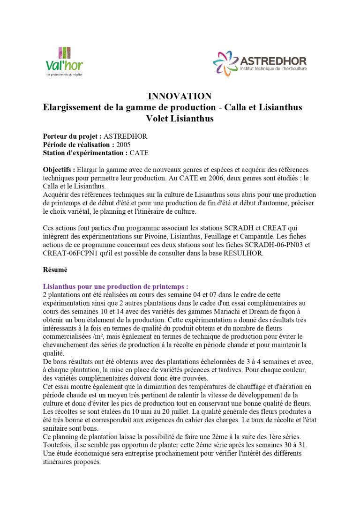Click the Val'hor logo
(x=64, y=62)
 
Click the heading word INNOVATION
(x=180, y=96)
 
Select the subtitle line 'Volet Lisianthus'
(x=180, y=119)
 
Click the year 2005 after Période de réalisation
(x=123, y=144)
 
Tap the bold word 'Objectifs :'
(x=59, y=169)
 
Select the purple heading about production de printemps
(x=115, y=286)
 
